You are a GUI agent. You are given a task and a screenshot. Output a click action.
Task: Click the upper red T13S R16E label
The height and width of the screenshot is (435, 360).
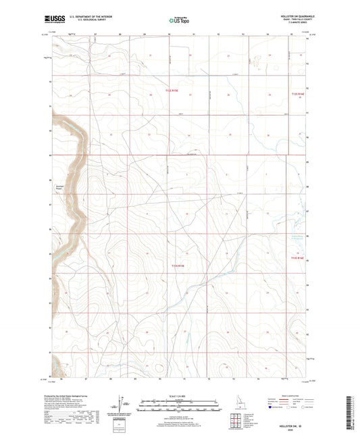click(x=298, y=94)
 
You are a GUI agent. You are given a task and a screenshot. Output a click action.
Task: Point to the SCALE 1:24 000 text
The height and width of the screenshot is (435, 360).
click(x=180, y=394)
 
